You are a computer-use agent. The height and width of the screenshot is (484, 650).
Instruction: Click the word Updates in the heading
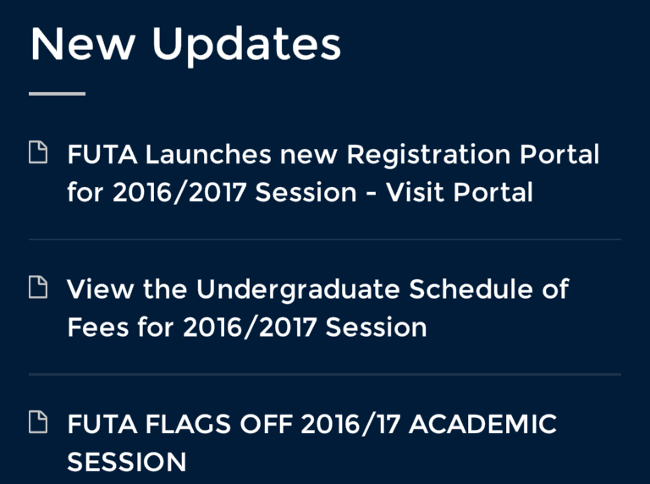(x=246, y=46)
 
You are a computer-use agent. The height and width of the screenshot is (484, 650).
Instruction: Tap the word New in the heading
(x=83, y=44)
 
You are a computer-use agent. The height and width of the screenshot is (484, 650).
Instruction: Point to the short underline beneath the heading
(x=58, y=94)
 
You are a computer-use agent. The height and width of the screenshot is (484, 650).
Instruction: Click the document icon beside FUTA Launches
(x=38, y=152)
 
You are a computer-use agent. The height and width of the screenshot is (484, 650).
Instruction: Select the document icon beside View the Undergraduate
(x=38, y=287)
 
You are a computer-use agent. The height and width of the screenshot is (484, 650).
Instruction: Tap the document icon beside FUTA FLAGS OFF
(x=38, y=422)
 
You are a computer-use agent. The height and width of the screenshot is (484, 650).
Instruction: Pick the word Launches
(x=208, y=154)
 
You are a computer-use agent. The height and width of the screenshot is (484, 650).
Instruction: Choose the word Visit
(x=416, y=192)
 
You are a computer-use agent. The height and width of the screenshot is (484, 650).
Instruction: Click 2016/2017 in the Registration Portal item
(x=179, y=193)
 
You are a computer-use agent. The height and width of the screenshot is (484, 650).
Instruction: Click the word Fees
(x=98, y=327)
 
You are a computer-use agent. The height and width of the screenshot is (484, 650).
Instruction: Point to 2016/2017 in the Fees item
(x=250, y=327)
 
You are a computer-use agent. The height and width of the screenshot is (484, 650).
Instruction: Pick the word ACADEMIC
(x=482, y=423)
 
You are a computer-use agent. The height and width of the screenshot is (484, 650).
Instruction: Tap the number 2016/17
(x=350, y=424)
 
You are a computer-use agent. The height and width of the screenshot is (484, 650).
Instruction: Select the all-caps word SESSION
(x=127, y=462)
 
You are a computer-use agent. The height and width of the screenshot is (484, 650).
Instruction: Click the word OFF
(x=266, y=423)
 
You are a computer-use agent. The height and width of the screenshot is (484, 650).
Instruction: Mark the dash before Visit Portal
(x=372, y=194)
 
